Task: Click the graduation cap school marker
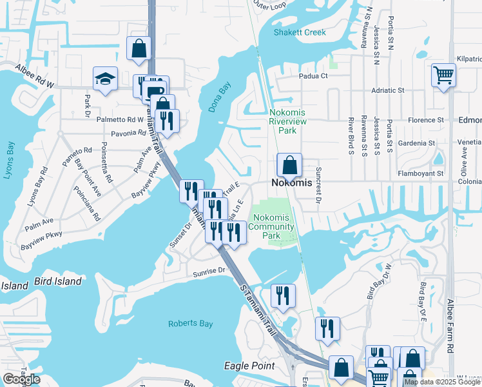coord(105,79)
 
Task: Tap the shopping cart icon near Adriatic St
coord(443,75)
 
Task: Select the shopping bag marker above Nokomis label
coord(290,165)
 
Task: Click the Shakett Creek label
coord(300,32)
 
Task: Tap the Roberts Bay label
coord(190,324)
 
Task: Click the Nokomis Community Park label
coord(271,226)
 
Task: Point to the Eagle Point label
coord(249,366)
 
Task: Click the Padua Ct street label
coord(313,75)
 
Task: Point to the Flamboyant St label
coord(423,173)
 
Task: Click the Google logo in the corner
coord(21,379)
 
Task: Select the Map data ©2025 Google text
coord(442,382)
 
